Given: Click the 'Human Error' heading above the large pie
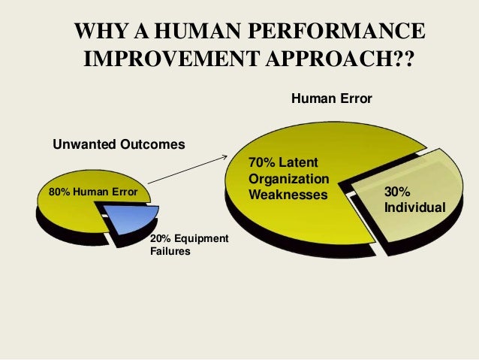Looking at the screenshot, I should click(x=331, y=98).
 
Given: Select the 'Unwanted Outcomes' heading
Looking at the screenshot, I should click(x=118, y=144).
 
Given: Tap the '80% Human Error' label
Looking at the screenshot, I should click(x=93, y=192).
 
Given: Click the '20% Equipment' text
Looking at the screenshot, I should click(x=189, y=238).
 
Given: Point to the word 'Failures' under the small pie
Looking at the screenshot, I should click(x=170, y=252).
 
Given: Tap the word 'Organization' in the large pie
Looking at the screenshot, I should click(x=289, y=179).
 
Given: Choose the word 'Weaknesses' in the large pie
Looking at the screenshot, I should click(x=288, y=195).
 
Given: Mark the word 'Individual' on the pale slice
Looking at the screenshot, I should click(x=414, y=206).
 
